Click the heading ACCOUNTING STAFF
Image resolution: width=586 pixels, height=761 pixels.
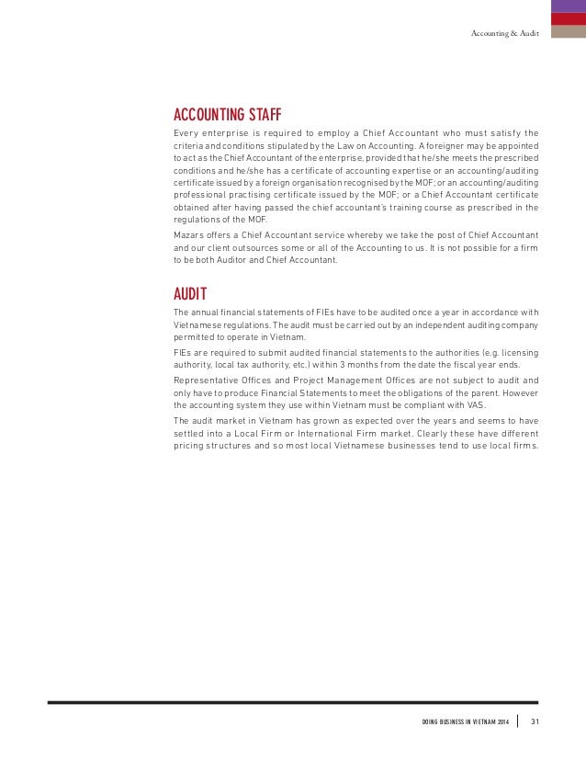tap(227, 115)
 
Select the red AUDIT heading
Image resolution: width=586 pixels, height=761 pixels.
tap(190, 294)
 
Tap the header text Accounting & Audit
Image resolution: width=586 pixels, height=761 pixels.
tap(504, 33)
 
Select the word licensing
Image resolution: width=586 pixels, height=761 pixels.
tap(518, 352)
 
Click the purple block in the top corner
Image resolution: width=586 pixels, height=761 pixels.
tap(569, 6)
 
